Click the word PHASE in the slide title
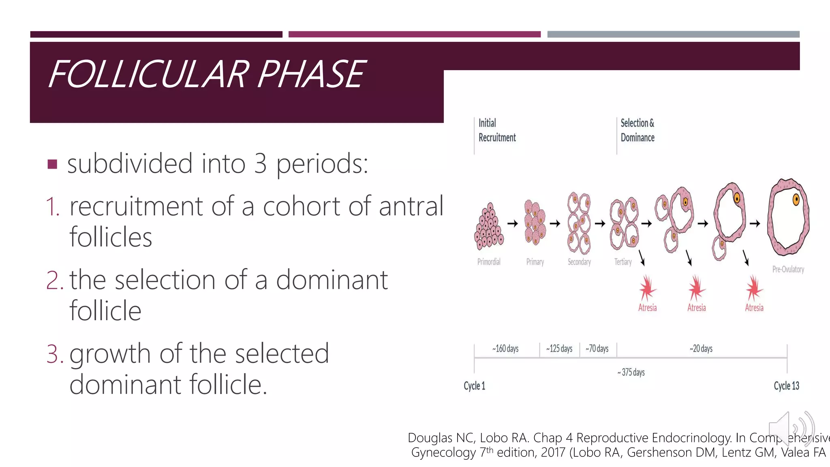click(311, 74)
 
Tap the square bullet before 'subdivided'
click(52, 164)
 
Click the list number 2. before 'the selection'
click(55, 280)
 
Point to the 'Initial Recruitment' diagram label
click(497, 131)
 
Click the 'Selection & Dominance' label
click(637, 131)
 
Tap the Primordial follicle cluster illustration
click(489, 226)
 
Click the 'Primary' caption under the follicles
click(535, 262)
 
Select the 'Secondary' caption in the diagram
click(579, 262)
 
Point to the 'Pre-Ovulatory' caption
click(788, 270)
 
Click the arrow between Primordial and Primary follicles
click(513, 223)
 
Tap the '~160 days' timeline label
click(505, 349)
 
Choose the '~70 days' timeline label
click(597, 349)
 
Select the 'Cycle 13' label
click(786, 386)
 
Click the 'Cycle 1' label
click(474, 386)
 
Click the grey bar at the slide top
click(673, 34)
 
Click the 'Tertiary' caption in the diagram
click(623, 262)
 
